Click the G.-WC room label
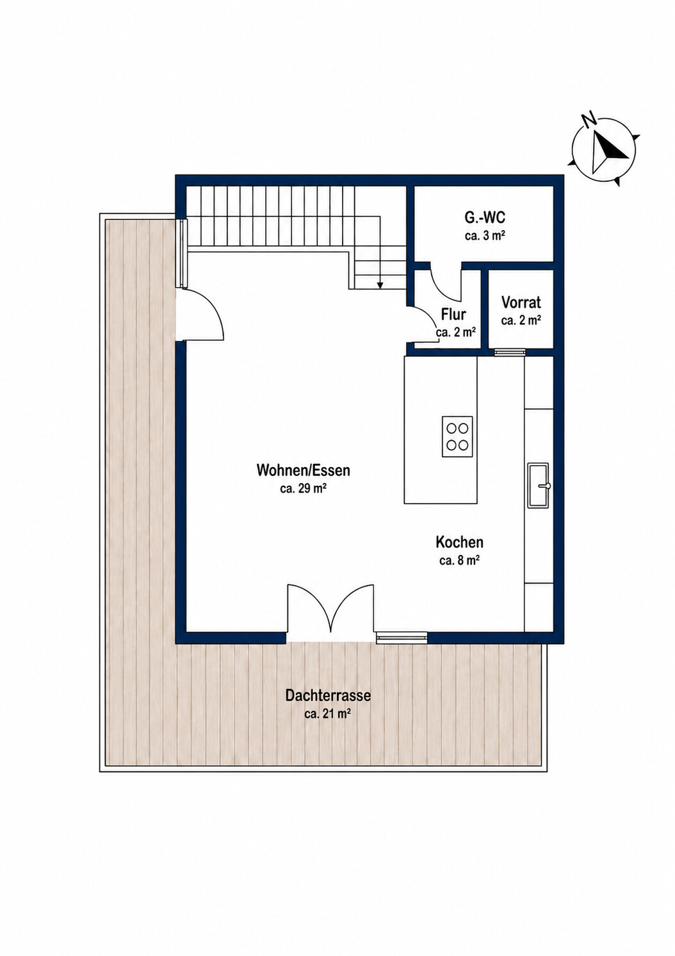(x=485, y=218)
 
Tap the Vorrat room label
(x=521, y=302)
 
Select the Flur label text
(x=453, y=315)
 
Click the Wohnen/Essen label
(x=303, y=470)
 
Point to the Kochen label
(x=459, y=543)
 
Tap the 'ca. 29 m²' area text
(x=303, y=489)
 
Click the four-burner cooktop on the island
(x=457, y=436)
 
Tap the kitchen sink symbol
(x=539, y=485)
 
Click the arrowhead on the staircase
(x=380, y=286)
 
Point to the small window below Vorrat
(x=509, y=352)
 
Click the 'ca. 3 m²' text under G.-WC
(x=485, y=236)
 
